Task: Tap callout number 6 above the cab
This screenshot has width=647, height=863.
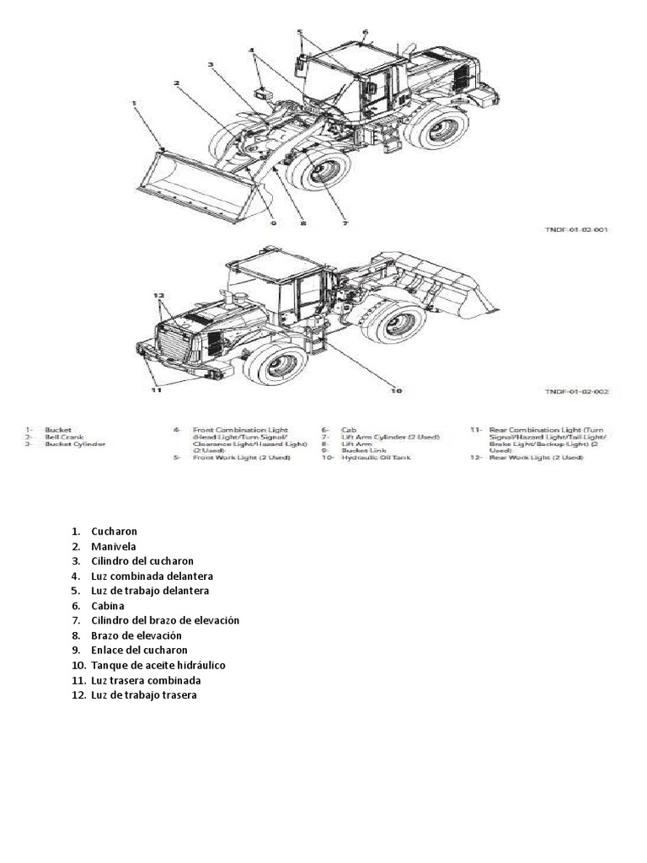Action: click(366, 33)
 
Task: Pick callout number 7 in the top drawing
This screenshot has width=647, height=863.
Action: click(345, 223)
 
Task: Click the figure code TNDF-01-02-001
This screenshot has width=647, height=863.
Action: click(575, 228)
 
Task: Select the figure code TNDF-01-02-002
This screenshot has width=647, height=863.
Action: click(575, 391)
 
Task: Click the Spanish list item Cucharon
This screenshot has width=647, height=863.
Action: click(115, 532)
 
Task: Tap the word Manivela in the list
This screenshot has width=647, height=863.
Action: click(113, 546)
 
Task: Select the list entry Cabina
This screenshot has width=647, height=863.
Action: click(108, 605)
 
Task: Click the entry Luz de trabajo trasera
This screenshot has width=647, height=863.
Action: click(144, 694)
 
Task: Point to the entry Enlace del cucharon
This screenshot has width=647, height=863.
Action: click(140, 650)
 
